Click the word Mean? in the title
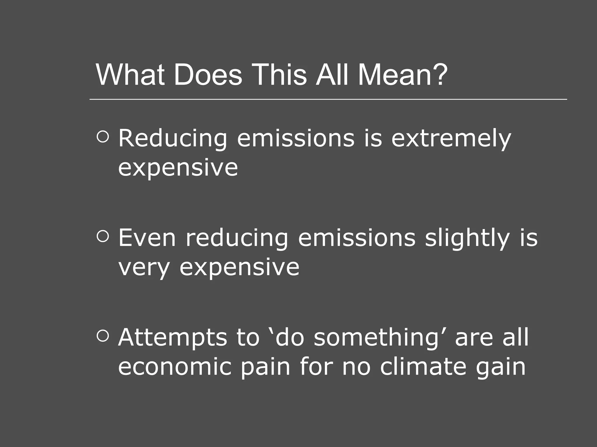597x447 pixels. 402,75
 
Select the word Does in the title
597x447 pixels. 208,75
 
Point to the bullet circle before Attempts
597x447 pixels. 103,336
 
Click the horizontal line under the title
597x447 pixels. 328,99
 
